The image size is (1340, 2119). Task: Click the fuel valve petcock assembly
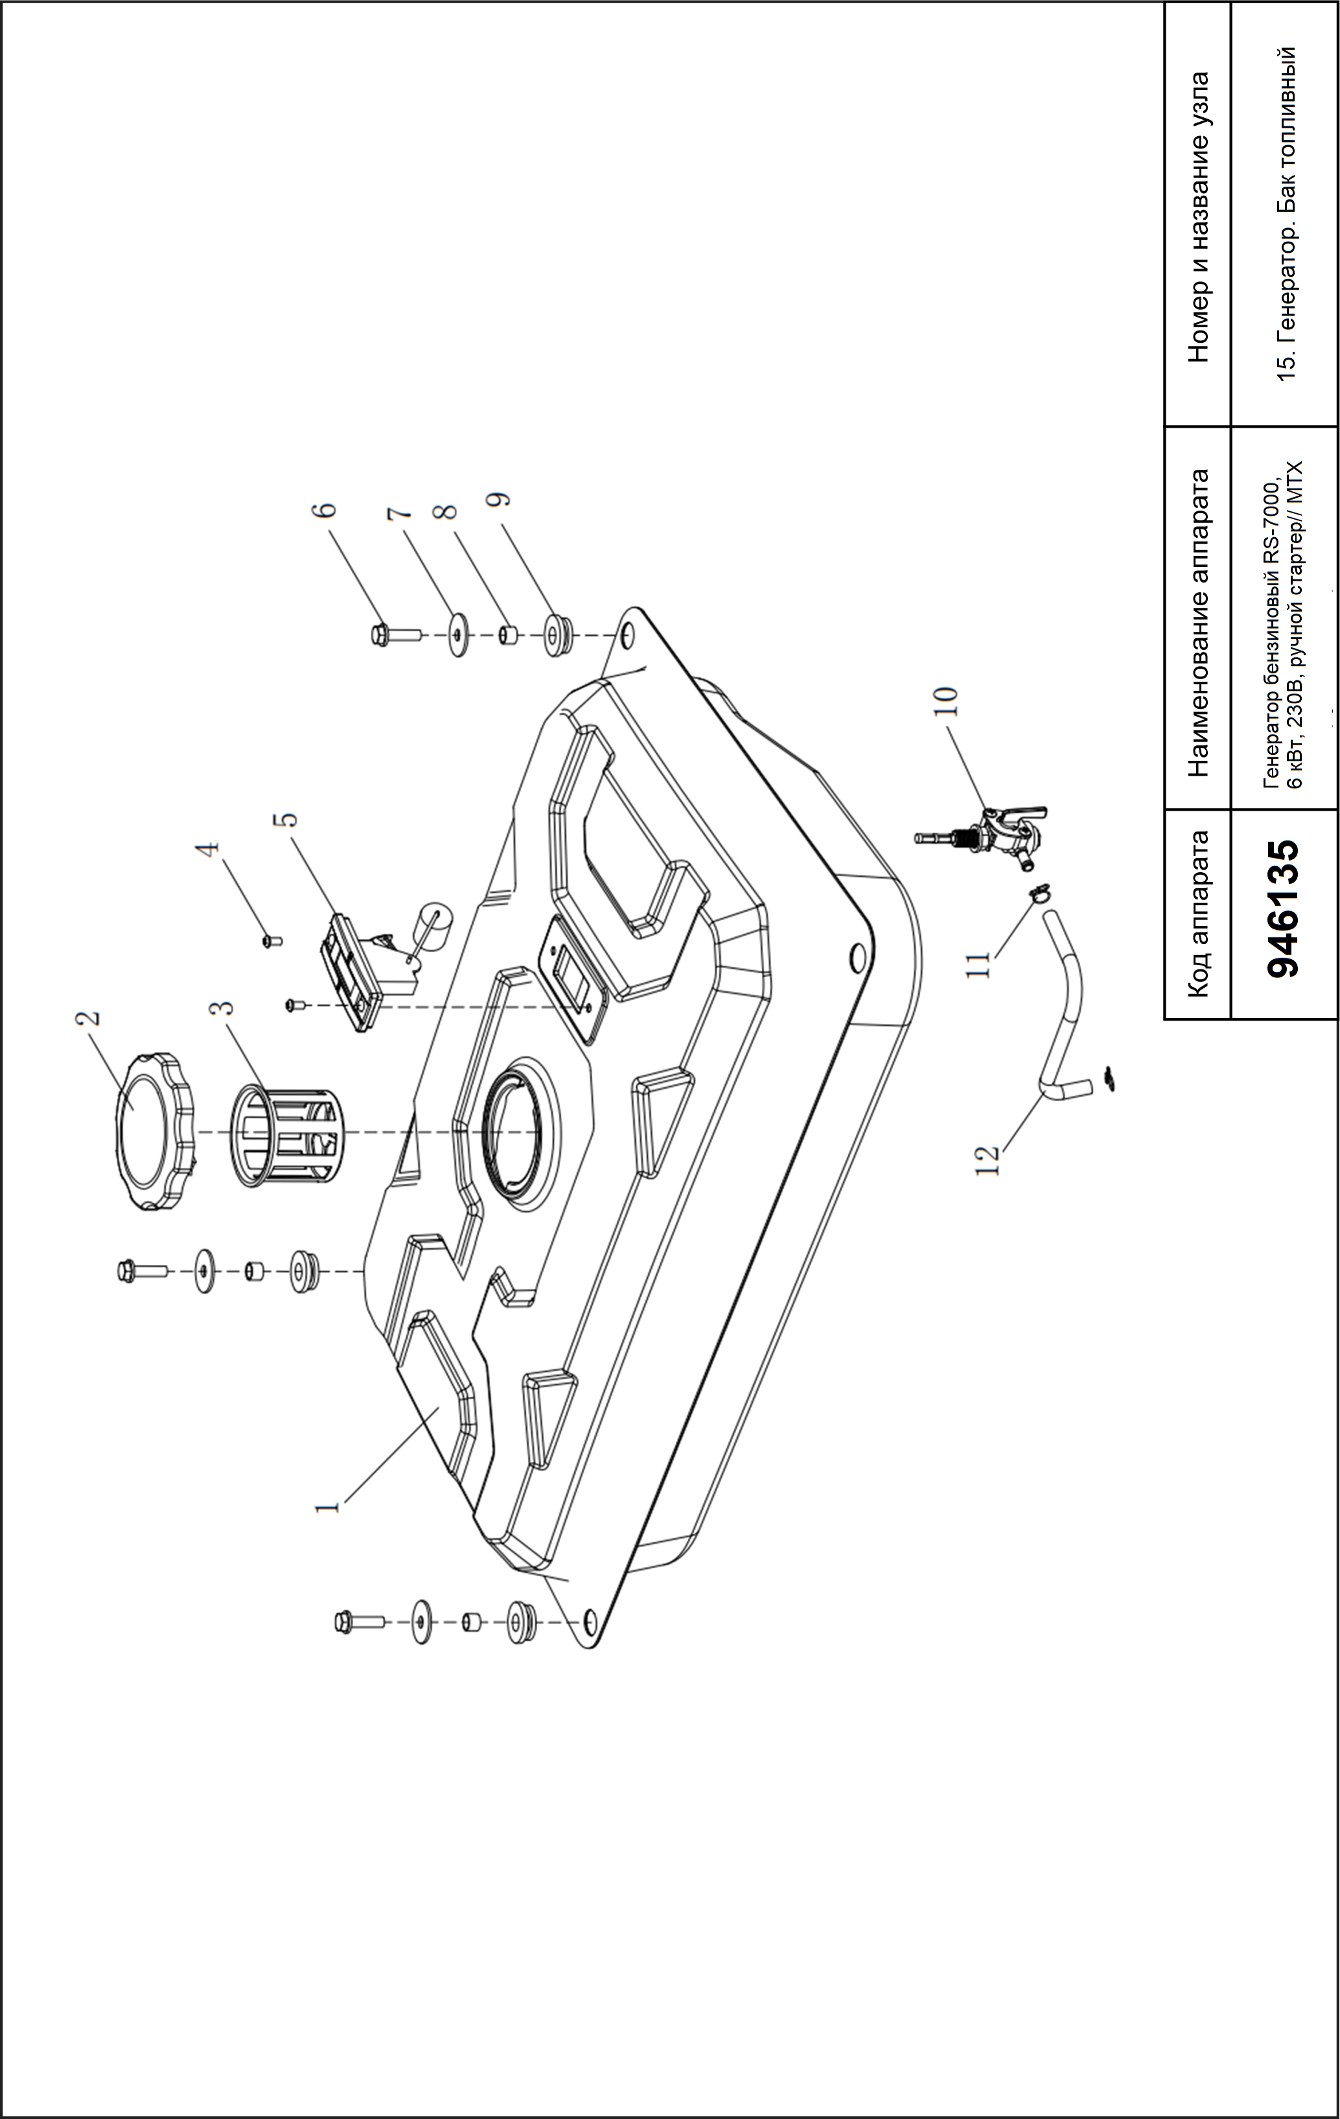(x=982, y=828)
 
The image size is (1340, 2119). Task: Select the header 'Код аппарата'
(x=1197, y=914)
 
